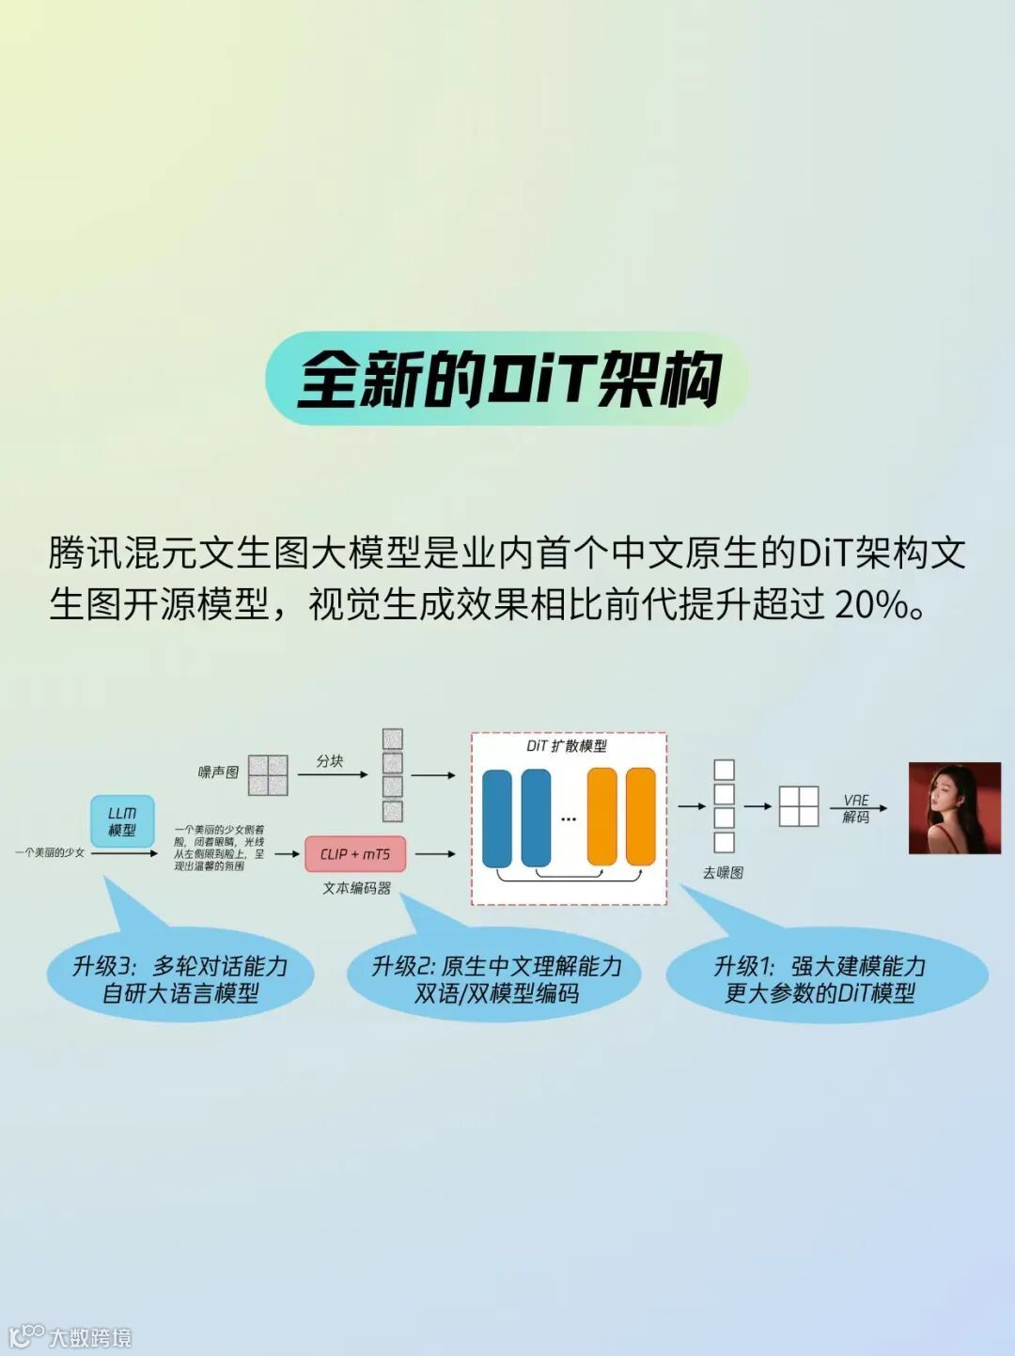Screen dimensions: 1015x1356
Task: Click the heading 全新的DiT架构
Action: click(x=507, y=380)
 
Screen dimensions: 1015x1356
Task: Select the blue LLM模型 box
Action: click(x=122, y=821)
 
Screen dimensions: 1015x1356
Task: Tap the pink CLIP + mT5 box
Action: click(x=355, y=854)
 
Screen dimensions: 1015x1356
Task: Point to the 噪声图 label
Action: click(x=218, y=772)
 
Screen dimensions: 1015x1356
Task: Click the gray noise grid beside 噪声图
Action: click(x=268, y=775)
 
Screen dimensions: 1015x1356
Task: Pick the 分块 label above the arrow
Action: click(x=330, y=760)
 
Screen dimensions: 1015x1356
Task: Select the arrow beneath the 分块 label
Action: click(x=332, y=775)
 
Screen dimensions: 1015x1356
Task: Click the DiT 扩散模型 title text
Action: click(x=567, y=746)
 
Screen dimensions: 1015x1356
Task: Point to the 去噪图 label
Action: click(x=723, y=872)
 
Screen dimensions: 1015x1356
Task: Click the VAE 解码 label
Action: click(x=856, y=808)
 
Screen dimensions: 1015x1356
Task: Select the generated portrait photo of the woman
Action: click(x=953, y=808)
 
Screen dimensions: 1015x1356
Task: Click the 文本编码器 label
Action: click(x=356, y=888)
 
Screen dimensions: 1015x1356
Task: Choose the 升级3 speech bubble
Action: click(x=180, y=979)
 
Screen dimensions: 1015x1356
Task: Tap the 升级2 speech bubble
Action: click(x=495, y=979)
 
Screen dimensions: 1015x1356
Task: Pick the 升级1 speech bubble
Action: click(x=820, y=979)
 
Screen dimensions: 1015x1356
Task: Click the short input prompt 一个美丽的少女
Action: click(x=50, y=852)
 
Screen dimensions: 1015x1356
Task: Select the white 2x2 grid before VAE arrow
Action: click(x=799, y=806)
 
